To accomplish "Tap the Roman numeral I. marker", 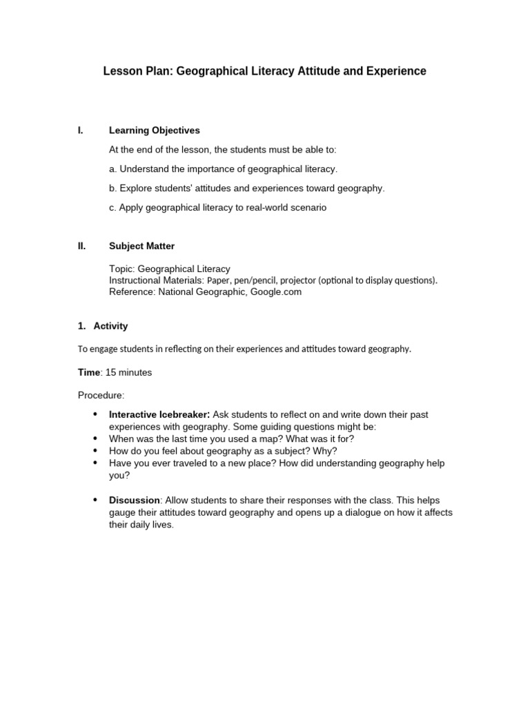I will pyautogui.click(x=81, y=130).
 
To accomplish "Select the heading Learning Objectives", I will pyautogui.click(x=155, y=130).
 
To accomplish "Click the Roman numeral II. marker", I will pyautogui.click(x=81, y=246).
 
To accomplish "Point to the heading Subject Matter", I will pyautogui.click(x=142, y=246).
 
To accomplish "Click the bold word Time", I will pyautogui.click(x=89, y=372).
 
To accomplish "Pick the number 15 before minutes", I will pyautogui.click(x=110, y=372).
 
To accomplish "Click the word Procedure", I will pyautogui.click(x=101, y=396).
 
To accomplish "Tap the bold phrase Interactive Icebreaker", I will pyautogui.click(x=159, y=414).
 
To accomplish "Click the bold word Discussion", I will pyautogui.click(x=135, y=500).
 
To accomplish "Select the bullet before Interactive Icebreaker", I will pyautogui.click(x=95, y=414).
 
